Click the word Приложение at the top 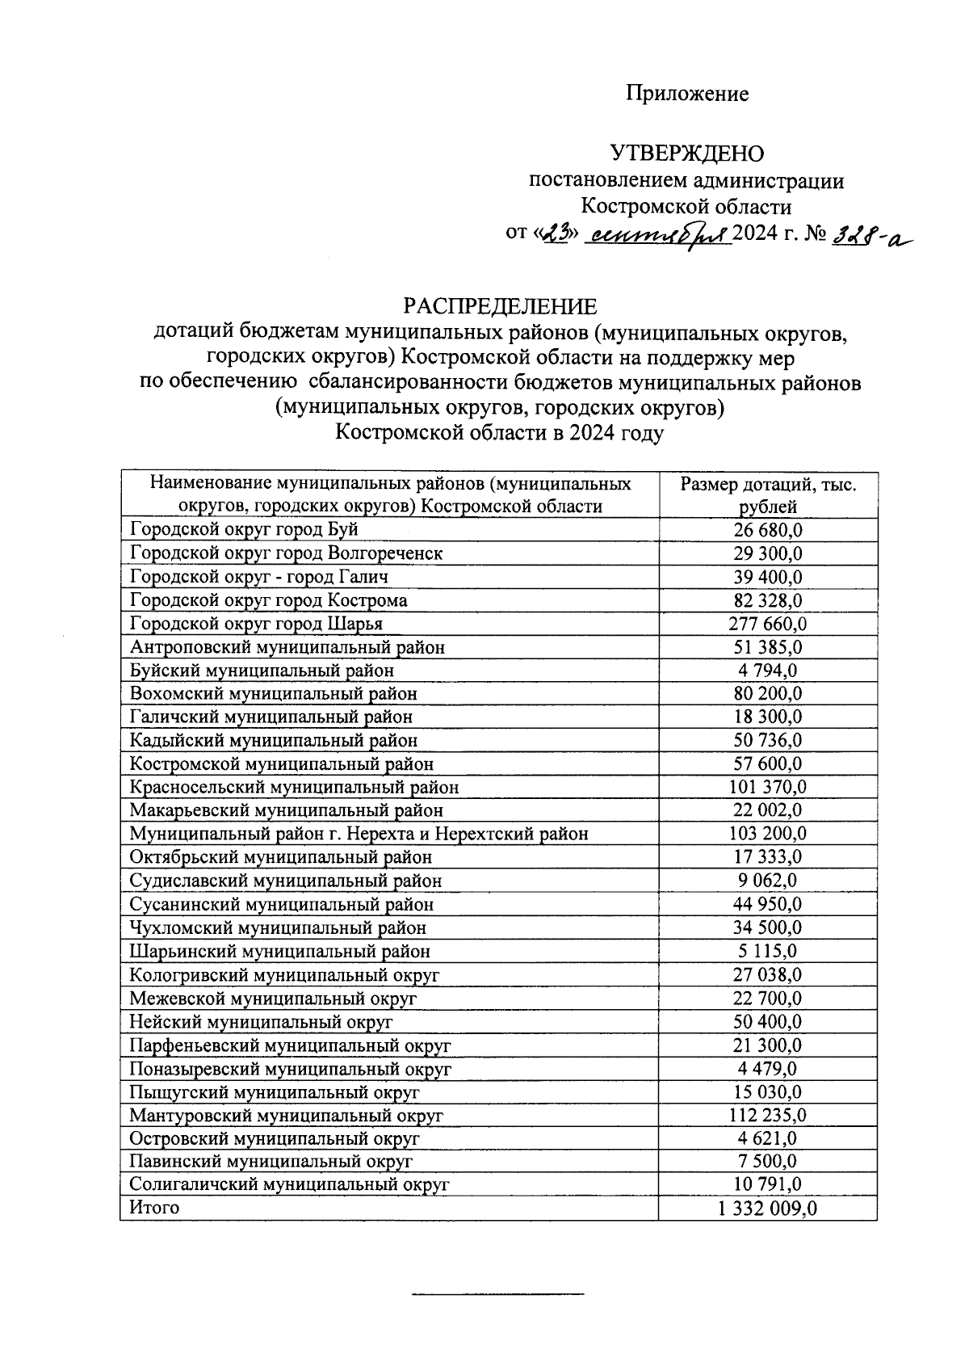[x=687, y=95]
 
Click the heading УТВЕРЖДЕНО [x=687, y=154]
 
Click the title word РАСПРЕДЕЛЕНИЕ [x=501, y=307]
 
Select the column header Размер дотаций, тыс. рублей [x=768, y=495]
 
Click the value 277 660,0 [x=768, y=625]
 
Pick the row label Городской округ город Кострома [x=268, y=601]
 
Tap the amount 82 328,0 [x=768, y=601]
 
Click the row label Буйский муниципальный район [x=262, y=671]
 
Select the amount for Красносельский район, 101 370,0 [x=768, y=788]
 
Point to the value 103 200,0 [x=768, y=835]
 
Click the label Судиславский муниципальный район [x=285, y=881]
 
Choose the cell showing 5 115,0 [x=768, y=952]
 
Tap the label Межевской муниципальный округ [x=273, y=999]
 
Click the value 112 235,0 [x=768, y=1117]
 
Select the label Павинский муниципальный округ [x=271, y=1163]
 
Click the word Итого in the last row [x=154, y=1208]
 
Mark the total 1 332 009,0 [x=768, y=1209]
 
